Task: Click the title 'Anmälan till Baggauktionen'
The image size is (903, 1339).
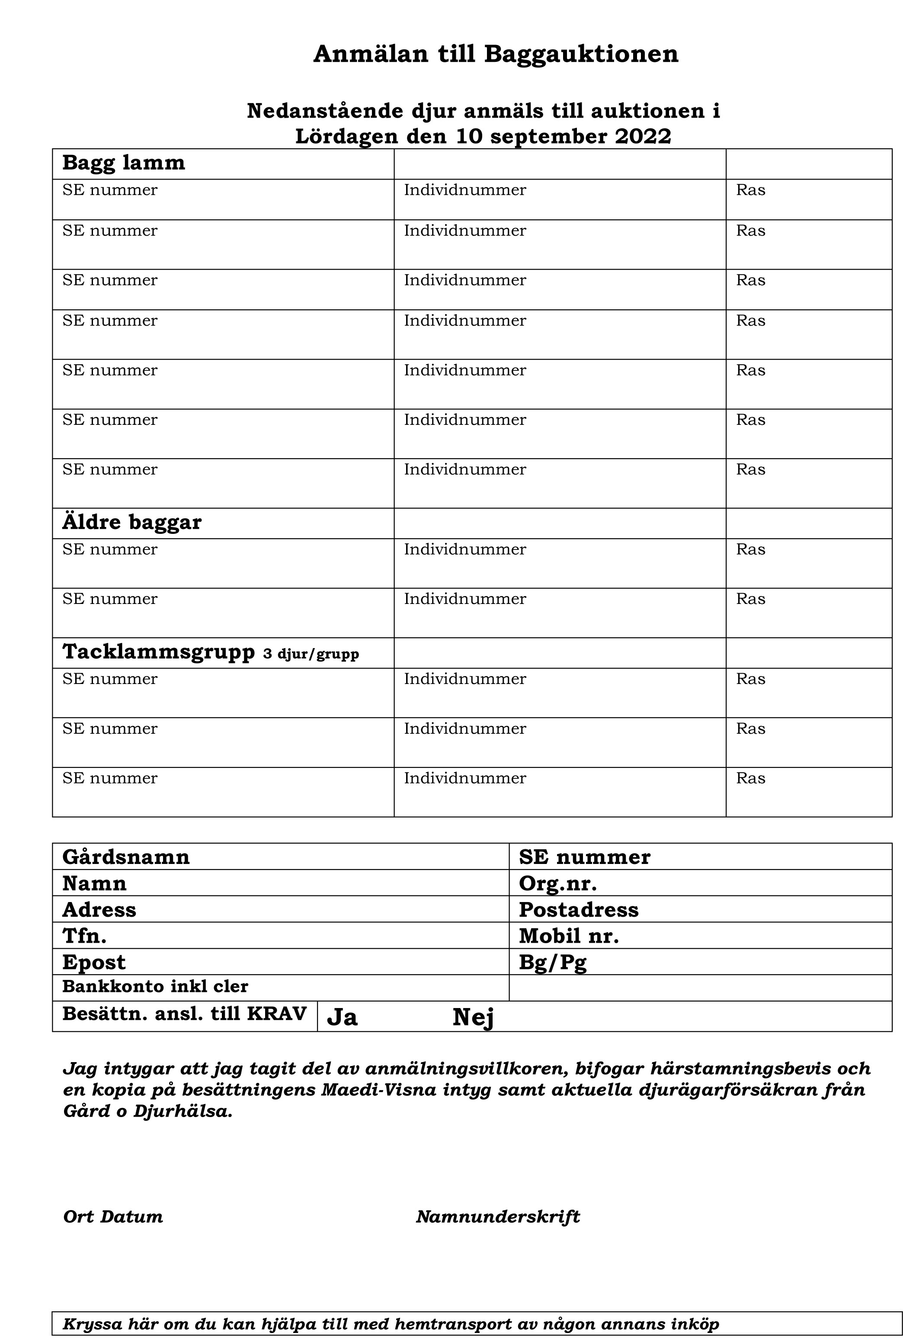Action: [x=495, y=54]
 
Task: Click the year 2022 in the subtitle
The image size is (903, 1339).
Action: [x=643, y=137]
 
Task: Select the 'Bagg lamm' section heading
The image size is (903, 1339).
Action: [x=123, y=163]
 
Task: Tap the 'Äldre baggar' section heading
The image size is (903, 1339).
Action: [x=132, y=523]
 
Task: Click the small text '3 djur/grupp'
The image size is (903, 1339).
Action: [x=311, y=655]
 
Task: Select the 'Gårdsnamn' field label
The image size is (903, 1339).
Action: [x=125, y=857]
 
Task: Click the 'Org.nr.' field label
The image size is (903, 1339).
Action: [x=557, y=883]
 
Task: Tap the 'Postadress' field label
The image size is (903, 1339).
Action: [x=578, y=910]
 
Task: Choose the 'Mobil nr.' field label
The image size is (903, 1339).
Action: [x=568, y=936]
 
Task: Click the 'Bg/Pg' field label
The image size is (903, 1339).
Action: [x=552, y=963]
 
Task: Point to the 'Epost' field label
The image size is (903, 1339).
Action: [x=93, y=963]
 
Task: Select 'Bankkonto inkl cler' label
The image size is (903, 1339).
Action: [x=155, y=987]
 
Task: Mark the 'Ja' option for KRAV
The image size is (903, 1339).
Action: [x=342, y=1018]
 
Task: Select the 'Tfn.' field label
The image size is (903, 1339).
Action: [x=84, y=936]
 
